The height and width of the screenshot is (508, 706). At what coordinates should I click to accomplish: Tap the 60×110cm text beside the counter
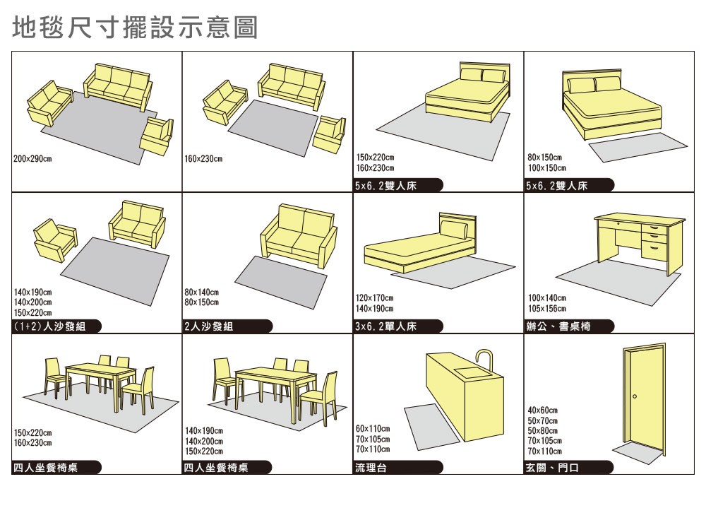(373, 429)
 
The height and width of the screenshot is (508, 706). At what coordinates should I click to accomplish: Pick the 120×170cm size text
(375, 299)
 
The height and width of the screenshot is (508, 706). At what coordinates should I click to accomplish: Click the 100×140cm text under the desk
(546, 299)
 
